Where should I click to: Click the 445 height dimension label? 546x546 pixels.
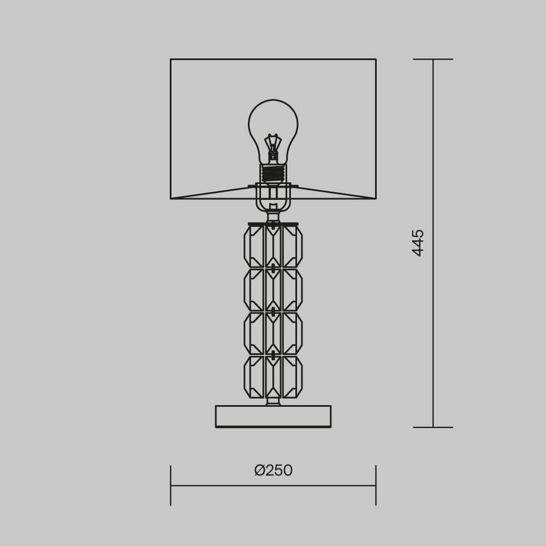pyautogui.click(x=417, y=243)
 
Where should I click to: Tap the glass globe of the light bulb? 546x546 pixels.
pyautogui.click(x=273, y=125)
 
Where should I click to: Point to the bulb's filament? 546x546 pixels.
pyautogui.click(x=273, y=147)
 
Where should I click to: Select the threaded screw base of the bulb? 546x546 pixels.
pyautogui.click(x=273, y=173)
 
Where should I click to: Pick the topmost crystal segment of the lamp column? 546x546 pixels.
pyautogui.click(x=273, y=245)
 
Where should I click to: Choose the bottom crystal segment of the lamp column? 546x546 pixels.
pyautogui.click(x=273, y=377)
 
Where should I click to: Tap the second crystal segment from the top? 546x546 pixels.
pyautogui.click(x=273, y=289)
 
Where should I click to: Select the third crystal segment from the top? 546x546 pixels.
pyautogui.click(x=273, y=333)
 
